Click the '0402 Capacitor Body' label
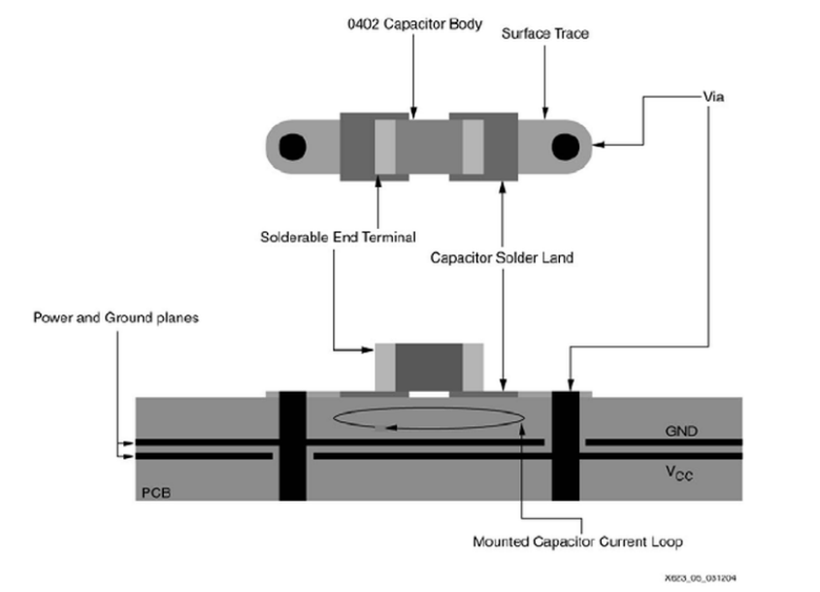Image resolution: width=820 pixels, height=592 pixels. (x=414, y=24)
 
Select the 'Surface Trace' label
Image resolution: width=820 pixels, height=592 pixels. (x=545, y=33)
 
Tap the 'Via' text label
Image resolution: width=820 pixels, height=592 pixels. (x=713, y=97)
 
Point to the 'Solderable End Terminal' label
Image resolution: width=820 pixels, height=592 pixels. (x=338, y=238)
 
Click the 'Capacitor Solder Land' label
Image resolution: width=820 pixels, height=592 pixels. (x=502, y=258)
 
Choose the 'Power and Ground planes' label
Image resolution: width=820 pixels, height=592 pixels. (x=116, y=317)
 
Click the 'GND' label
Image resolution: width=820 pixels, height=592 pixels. (x=681, y=431)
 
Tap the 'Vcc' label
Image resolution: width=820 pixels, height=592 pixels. (x=678, y=473)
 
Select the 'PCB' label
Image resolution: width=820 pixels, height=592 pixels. (x=156, y=493)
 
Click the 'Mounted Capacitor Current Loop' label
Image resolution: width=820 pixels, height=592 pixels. (x=577, y=542)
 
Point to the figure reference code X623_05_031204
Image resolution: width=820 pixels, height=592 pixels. (x=701, y=577)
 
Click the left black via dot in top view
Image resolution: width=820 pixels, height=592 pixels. (x=292, y=147)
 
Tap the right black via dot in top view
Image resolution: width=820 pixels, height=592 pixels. (x=566, y=147)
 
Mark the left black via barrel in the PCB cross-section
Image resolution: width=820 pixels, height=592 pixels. (x=292, y=445)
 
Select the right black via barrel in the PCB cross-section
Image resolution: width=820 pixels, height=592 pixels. (x=566, y=445)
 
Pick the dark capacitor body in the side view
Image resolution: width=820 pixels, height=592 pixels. (x=429, y=367)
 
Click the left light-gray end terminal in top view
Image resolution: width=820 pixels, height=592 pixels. (x=385, y=147)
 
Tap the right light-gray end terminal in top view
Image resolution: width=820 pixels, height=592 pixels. (x=473, y=147)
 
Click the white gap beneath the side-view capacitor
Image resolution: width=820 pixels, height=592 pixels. (x=429, y=394)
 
